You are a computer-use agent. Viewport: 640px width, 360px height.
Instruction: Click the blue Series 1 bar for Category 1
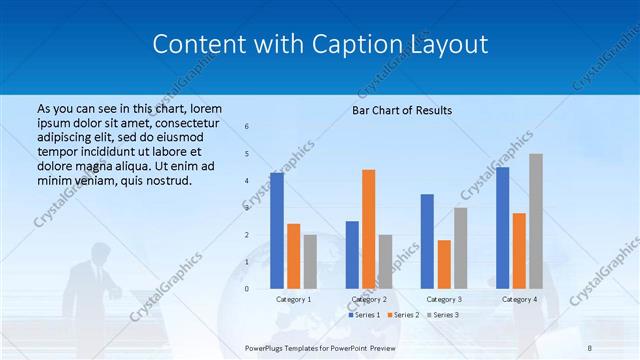277,231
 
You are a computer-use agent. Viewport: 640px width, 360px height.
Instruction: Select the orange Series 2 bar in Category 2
369,229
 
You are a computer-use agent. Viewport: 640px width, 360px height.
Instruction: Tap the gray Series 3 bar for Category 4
536,221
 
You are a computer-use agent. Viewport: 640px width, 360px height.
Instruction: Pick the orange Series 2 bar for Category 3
444,264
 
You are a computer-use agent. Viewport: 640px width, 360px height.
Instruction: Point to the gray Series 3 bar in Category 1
310,262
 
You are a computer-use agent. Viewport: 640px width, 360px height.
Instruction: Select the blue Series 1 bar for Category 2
352,255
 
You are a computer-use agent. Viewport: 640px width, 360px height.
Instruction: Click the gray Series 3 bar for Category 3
460,248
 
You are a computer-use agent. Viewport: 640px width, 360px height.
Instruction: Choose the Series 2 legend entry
403,315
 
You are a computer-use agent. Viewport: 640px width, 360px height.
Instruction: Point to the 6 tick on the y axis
247,127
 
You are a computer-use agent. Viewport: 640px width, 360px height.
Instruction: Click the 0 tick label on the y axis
247,289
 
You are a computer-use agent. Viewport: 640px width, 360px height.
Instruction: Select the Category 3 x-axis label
444,299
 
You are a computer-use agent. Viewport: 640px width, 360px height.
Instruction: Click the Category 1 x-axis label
294,299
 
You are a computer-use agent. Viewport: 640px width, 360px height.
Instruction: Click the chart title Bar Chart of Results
402,110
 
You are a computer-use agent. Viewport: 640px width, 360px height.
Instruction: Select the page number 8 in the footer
590,346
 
